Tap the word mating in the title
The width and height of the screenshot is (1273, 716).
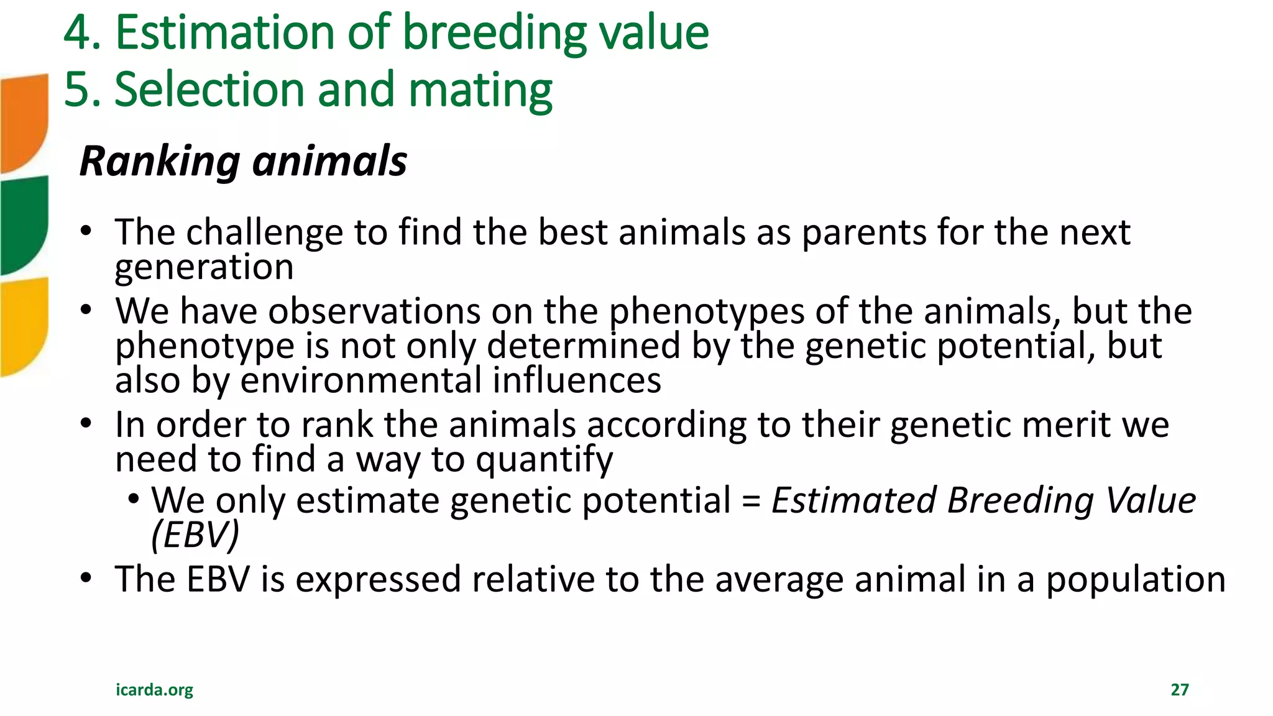[x=480, y=91]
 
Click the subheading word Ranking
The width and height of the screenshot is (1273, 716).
[x=160, y=162]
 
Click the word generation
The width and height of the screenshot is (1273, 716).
[x=204, y=268]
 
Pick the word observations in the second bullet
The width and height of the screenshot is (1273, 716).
[x=374, y=311]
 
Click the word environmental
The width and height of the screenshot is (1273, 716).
[x=361, y=380]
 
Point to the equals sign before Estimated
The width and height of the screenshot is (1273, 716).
[x=751, y=501]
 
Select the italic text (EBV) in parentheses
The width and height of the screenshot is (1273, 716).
[x=195, y=535]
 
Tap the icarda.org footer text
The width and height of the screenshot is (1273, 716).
[x=154, y=689]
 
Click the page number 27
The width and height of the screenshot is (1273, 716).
[x=1180, y=689]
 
